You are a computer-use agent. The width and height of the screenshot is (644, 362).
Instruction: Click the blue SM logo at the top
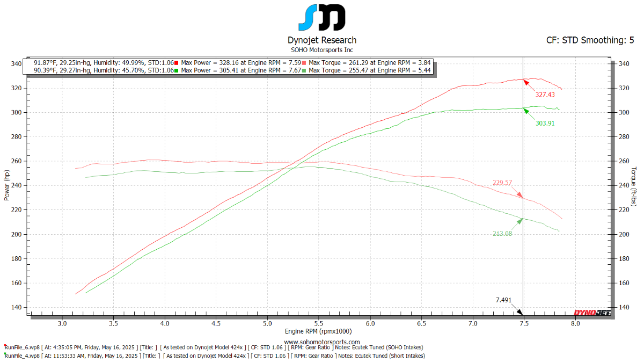tap(321, 18)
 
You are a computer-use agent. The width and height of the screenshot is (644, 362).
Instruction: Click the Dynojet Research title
tap(321, 40)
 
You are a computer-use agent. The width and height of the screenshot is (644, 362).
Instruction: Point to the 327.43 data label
tap(545, 95)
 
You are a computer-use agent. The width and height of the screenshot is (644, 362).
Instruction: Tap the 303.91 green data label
tap(545, 123)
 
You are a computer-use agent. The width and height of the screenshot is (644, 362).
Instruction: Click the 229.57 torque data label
tap(502, 183)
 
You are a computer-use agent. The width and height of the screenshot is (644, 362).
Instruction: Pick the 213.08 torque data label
tap(502, 233)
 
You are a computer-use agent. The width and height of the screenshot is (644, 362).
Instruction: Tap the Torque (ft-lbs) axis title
tap(634, 186)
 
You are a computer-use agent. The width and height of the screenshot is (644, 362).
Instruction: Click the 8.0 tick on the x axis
tap(575, 324)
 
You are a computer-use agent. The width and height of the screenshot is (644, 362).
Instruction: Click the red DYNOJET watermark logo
tap(592, 313)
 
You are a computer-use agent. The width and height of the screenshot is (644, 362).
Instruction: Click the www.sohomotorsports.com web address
tap(321, 342)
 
